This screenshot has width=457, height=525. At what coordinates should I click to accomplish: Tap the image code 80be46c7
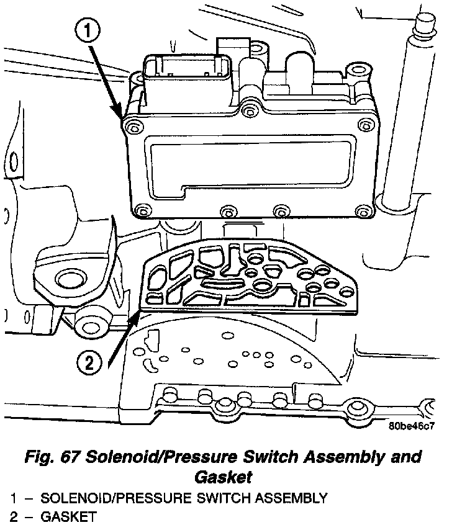click(412, 426)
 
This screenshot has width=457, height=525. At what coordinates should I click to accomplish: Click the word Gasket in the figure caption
click(223, 477)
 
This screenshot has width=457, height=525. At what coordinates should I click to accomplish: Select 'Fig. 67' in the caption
click(53, 457)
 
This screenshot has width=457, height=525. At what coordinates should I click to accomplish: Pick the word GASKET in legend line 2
click(68, 515)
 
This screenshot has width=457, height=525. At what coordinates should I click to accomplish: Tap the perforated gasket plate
click(248, 276)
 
